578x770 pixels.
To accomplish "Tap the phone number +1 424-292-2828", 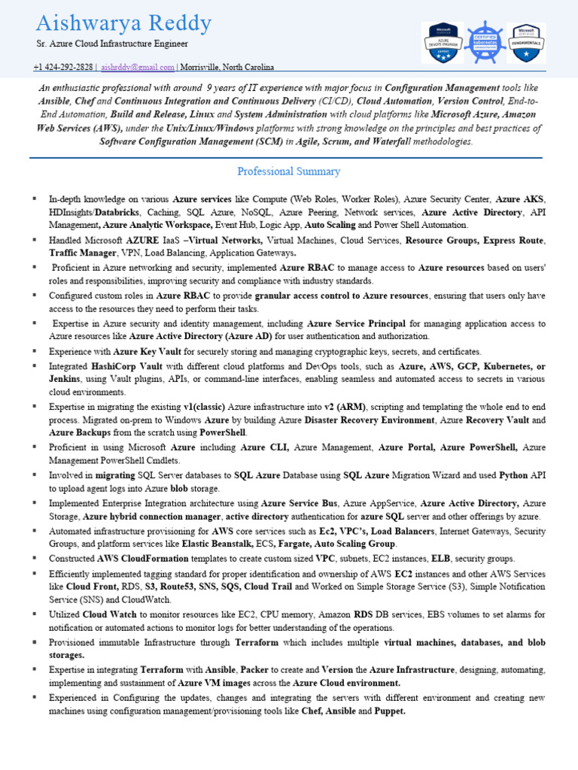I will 64,67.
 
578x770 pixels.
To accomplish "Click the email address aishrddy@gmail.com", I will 138,67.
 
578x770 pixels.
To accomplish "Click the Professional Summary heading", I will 288,171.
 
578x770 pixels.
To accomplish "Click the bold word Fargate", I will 299,544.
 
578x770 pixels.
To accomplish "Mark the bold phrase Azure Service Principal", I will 357,323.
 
